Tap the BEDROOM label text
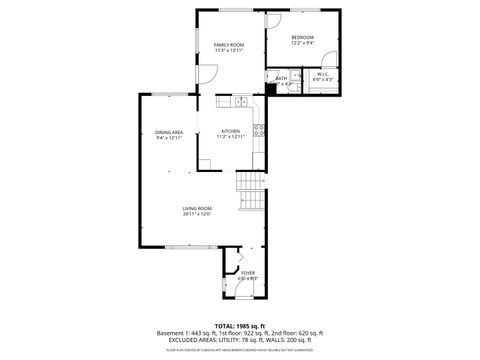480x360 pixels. [x=303, y=38]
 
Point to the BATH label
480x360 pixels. [x=281, y=77]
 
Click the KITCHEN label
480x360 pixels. [x=230, y=131]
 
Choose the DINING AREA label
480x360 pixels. [x=168, y=132]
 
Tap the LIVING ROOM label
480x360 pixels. [x=197, y=207]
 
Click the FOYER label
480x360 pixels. [x=248, y=272]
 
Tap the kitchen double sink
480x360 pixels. [x=240, y=101]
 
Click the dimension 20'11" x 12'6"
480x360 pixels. [x=197, y=214]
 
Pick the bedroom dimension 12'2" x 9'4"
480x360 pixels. [x=303, y=44]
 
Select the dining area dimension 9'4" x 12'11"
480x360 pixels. [x=168, y=138]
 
